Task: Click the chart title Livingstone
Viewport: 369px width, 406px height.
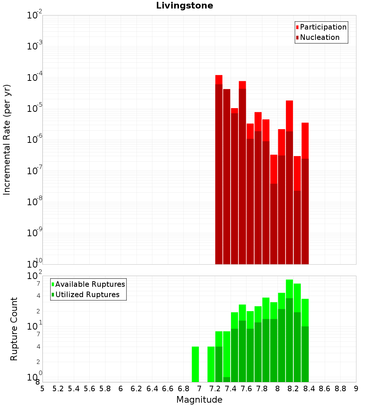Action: click(184, 6)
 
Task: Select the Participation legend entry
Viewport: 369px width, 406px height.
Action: click(321, 27)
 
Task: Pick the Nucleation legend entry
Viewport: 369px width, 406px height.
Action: click(318, 37)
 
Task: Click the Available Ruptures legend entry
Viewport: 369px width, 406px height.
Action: click(88, 284)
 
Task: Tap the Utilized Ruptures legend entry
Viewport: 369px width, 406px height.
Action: click(86, 295)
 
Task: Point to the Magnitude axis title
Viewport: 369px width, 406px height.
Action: click(199, 399)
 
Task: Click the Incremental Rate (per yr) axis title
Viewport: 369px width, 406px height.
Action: click(7, 140)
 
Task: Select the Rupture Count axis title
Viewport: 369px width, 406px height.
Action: click(14, 329)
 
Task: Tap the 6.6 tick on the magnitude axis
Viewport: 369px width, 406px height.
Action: click(168, 389)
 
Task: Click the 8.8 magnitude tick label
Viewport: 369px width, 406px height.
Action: click(340, 389)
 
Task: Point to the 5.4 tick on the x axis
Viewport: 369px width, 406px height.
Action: click(74, 389)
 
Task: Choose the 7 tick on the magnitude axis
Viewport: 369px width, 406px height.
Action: click(199, 389)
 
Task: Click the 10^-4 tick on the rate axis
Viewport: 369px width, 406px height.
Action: click(34, 77)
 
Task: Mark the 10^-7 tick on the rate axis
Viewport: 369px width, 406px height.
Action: click(34, 171)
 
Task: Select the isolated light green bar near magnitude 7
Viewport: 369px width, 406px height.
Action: click(195, 364)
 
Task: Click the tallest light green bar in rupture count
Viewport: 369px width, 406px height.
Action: click(289, 331)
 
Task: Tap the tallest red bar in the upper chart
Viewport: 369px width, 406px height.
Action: click(219, 170)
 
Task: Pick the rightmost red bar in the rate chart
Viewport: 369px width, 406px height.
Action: click(305, 193)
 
